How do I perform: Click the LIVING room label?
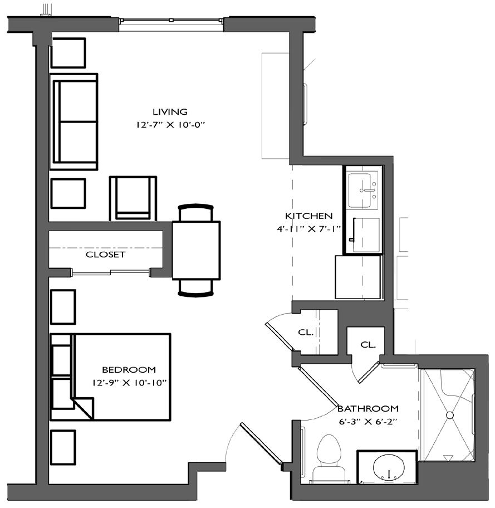[x=170, y=112]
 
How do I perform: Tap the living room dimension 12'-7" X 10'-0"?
[x=171, y=125]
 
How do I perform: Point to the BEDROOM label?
[x=129, y=370]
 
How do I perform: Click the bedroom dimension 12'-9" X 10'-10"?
[x=129, y=383]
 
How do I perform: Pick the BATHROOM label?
[x=368, y=408]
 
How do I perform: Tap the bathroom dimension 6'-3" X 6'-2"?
[x=368, y=422]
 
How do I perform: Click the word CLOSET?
[x=105, y=255]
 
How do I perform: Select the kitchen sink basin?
[x=360, y=190]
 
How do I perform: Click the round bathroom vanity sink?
[x=389, y=468]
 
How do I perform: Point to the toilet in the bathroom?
[x=329, y=459]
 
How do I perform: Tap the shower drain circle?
[x=450, y=415]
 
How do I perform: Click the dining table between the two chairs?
[x=196, y=250]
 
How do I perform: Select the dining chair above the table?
[x=195, y=213]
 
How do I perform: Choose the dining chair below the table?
[x=195, y=288]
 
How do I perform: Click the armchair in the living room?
[x=133, y=199]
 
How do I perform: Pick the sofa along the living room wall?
[x=74, y=121]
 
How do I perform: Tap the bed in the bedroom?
[x=110, y=377]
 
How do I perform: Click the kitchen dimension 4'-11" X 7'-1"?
[x=308, y=229]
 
